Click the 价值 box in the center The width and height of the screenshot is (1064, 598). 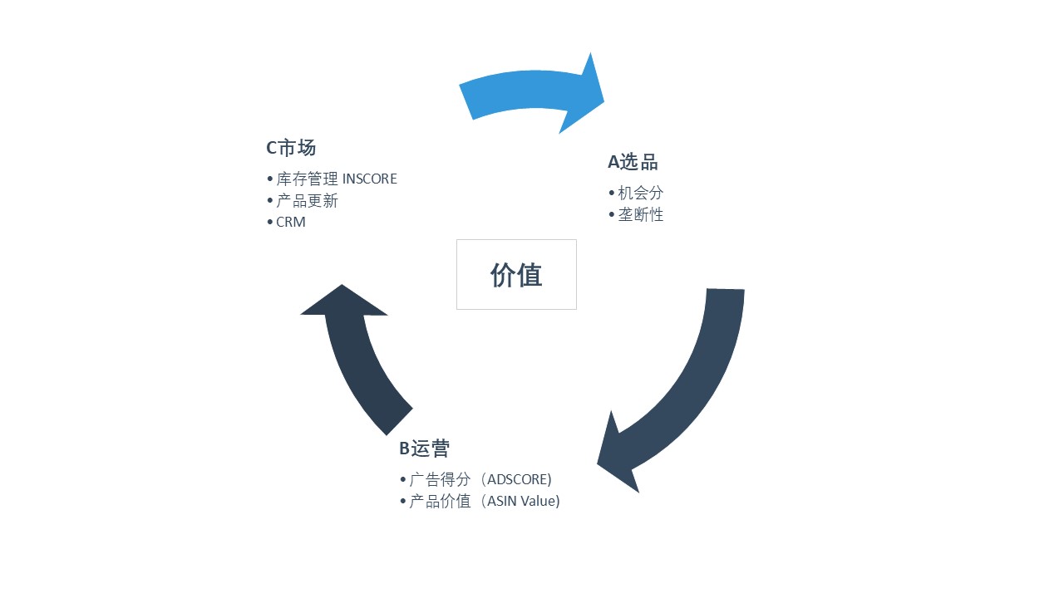coord(516,275)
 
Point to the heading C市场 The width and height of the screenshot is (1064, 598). coord(291,148)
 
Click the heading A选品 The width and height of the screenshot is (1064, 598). coord(633,162)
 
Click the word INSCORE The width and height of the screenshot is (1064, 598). coord(370,179)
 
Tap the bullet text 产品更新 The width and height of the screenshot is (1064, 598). coord(308,201)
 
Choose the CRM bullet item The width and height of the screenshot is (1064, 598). coord(291,223)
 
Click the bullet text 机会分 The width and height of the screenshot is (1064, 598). coord(641,193)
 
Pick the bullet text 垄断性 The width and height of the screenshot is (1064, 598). coord(641,214)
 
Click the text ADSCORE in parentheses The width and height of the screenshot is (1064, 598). coord(519,479)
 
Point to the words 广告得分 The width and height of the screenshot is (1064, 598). coord(441,479)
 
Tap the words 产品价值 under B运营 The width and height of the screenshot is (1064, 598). coord(441,501)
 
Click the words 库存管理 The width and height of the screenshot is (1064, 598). coord(308,179)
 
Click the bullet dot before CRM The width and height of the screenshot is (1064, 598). coord(270,223)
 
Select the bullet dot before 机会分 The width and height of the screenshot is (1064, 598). coord(612,193)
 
